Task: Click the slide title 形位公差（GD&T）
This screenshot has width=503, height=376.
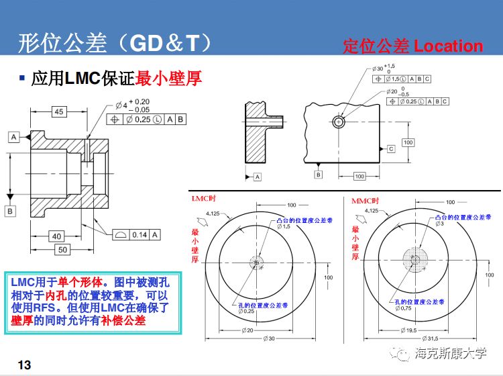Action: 114,44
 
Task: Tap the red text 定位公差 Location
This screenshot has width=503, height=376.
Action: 412,46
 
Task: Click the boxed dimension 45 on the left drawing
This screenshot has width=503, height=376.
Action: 59,112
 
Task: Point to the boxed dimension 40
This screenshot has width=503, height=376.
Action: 57,236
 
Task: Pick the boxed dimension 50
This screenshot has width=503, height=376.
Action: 61,250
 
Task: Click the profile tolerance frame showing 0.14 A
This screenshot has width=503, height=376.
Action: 135,234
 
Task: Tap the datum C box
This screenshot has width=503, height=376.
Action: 390,149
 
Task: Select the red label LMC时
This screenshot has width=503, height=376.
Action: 204,199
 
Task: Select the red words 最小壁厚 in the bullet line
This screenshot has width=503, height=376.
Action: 168,79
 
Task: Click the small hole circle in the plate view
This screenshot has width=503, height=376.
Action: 339,122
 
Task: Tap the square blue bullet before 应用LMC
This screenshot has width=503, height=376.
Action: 22,78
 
